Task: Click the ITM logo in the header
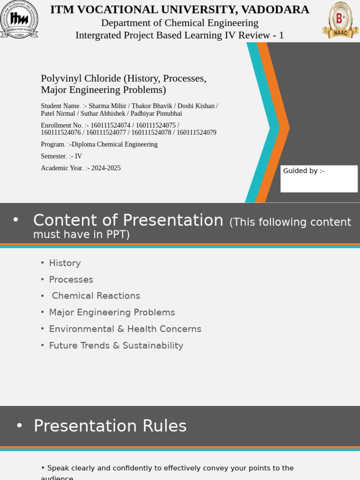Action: [x=19, y=19]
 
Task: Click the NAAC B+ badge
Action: [x=340, y=20]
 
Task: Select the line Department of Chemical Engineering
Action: [x=180, y=22]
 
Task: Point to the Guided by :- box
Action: [x=319, y=178]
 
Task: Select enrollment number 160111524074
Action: [x=111, y=125]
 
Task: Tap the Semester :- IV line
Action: [x=61, y=156]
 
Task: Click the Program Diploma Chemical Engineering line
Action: [x=99, y=144]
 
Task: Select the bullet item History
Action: [x=65, y=263]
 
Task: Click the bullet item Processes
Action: [x=71, y=279]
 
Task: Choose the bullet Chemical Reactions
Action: [x=96, y=296]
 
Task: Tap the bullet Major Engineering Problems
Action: [x=112, y=312]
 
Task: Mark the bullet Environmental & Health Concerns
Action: [x=125, y=329]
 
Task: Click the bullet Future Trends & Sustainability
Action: [x=116, y=345]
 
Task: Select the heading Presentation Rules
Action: [x=110, y=426]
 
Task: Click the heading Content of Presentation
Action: [x=128, y=220]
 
